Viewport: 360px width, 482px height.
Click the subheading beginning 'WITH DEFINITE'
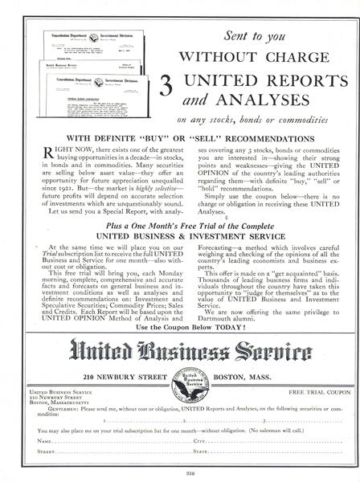click(180, 137)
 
